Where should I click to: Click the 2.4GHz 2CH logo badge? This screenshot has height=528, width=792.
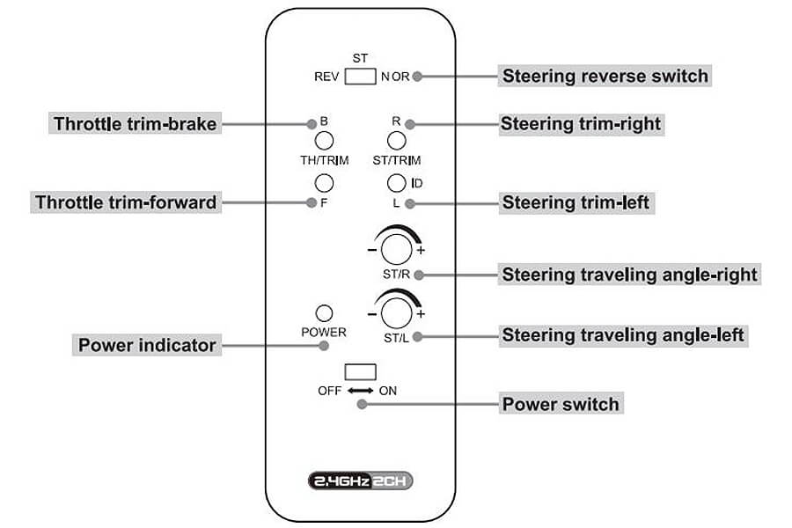pyautogui.click(x=360, y=480)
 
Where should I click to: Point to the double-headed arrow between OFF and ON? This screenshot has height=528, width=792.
pyautogui.click(x=360, y=391)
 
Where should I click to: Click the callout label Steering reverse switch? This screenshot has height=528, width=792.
pyautogui.click(x=605, y=76)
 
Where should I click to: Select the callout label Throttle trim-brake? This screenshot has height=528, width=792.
pyautogui.click(x=136, y=124)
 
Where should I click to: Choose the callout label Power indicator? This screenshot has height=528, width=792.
pyautogui.click(x=147, y=345)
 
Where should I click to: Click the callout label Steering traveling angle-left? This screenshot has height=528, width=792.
pyautogui.click(x=623, y=335)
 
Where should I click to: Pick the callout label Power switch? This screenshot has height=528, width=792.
pyautogui.click(x=561, y=404)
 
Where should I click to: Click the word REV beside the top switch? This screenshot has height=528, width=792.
pyautogui.click(x=326, y=77)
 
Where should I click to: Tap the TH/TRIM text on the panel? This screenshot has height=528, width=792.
pyautogui.click(x=324, y=161)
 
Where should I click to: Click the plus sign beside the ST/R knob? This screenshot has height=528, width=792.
pyautogui.click(x=421, y=250)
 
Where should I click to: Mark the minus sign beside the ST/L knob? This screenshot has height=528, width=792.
pyautogui.click(x=372, y=314)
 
